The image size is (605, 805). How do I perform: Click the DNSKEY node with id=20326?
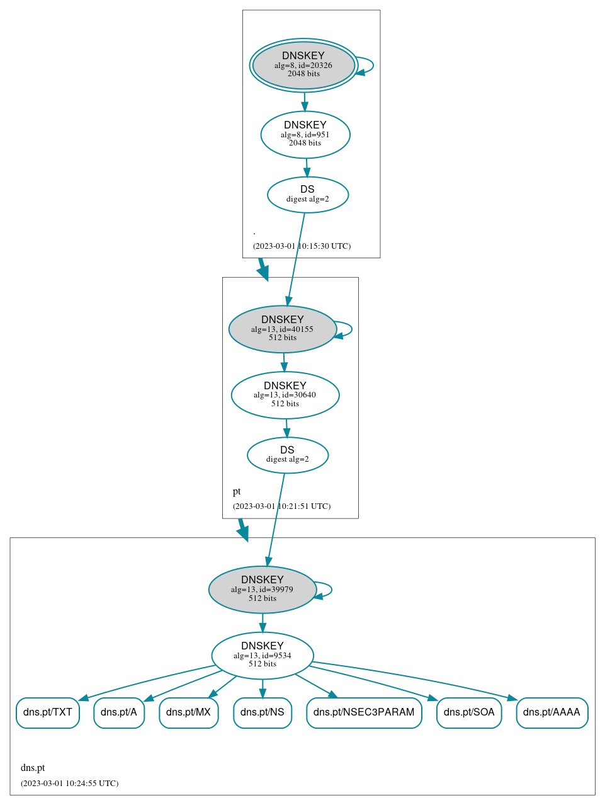tap(303, 65)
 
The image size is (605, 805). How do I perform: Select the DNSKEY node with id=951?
tap(305, 134)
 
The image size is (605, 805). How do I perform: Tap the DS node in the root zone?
tap(307, 195)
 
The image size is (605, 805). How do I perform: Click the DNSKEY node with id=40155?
tap(283, 329)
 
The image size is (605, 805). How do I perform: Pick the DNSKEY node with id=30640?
tap(285, 395)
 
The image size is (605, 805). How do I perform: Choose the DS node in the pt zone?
tap(288, 455)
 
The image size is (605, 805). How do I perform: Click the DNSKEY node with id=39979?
tap(263, 590)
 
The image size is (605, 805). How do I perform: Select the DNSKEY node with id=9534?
tap(263, 655)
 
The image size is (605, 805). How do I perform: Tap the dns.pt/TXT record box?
tap(48, 712)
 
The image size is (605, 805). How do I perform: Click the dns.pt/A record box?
tap(119, 712)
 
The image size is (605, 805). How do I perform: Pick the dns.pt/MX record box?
tap(189, 712)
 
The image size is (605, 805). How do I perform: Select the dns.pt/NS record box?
tap(263, 712)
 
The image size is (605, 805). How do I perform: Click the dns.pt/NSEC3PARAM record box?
tap(364, 712)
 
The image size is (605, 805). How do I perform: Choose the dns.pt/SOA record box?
tap(469, 712)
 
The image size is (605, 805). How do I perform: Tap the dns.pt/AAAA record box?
tap(551, 712)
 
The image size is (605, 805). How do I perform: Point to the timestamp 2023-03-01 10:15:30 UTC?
tap(302, 246)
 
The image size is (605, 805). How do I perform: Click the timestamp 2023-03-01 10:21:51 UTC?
tap(281, 506)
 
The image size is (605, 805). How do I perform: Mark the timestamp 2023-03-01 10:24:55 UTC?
tap(69, 784)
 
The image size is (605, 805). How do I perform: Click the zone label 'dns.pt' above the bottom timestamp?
tap(33, 768)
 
